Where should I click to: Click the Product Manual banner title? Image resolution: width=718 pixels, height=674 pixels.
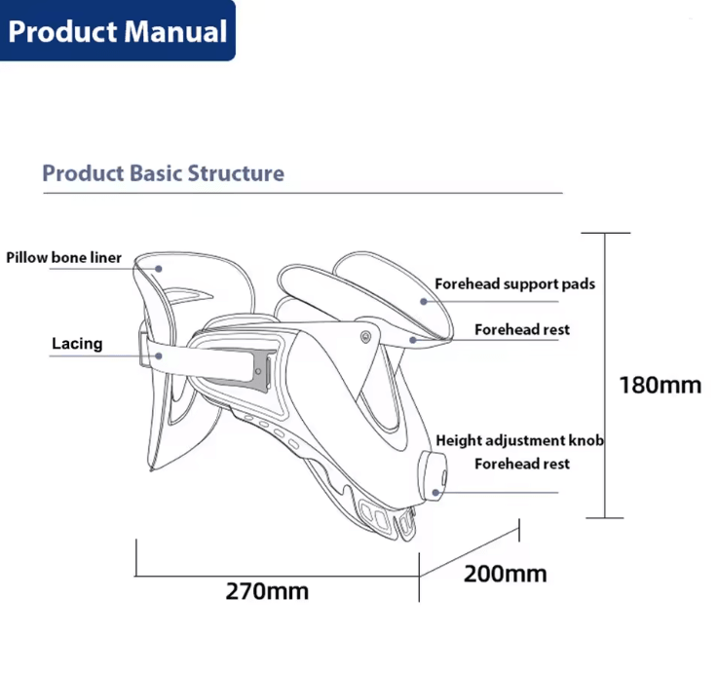(x=118, y=31)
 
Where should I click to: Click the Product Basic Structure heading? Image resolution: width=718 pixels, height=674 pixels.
(x=164, y=173)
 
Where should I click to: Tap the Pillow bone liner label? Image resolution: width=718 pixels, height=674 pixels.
(x=63, y=257)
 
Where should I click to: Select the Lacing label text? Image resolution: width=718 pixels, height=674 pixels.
(x=77, y=344)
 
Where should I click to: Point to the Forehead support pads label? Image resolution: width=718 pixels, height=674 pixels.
(x=514, y=283)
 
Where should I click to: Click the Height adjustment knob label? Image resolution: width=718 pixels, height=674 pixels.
(x=519, y=440)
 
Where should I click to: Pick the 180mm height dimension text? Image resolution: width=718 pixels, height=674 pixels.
(x=660, y=385)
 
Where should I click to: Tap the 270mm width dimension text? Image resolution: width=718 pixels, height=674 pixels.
(x=267, y=591)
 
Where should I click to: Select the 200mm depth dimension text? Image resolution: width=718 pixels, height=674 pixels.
(x=505, y=574)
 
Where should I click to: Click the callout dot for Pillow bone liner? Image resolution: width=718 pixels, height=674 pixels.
(x=159, y=269)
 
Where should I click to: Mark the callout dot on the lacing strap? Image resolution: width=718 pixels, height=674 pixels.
(x=159, y=356)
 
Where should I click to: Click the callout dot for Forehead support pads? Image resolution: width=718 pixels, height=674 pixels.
(x=424, y=301)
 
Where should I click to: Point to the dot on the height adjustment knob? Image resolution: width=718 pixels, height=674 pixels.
(x=435, y=493)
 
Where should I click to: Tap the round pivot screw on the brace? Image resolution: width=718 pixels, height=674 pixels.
(x=365, y=337)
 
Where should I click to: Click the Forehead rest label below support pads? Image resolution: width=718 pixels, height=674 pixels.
(x=522, y=329)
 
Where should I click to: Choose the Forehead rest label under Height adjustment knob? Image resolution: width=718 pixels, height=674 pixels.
(x=522, y=464)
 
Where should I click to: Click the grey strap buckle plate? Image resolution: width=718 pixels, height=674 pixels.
(x=259, y=370)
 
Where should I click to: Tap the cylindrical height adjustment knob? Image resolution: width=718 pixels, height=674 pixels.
(x=433, y=476)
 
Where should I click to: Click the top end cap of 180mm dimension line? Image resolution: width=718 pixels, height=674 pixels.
(x=605, y=233)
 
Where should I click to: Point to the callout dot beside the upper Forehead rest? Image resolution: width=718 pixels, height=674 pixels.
(x=413, y=340)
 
